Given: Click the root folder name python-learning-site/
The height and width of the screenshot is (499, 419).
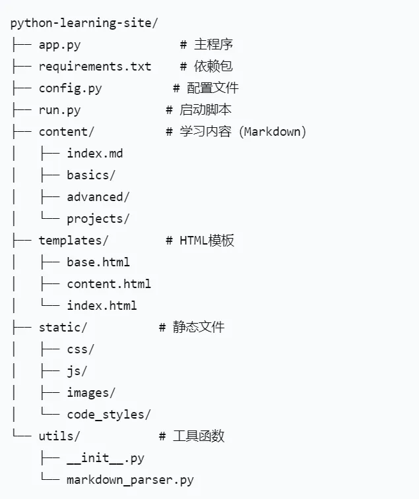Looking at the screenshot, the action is [x=84, y=23].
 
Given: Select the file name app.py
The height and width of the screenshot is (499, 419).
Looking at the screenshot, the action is [x=59, y=45].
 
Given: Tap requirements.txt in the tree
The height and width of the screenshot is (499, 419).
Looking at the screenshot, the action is [x=95, y=67].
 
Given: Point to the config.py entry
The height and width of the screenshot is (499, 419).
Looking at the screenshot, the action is [x=70, y=88].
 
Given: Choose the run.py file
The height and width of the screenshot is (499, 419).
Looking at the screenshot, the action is [x=59, y=110].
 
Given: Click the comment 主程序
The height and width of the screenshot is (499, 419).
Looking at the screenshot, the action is [x=213, y=45].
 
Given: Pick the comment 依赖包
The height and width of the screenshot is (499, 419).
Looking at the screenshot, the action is [x=213, y=67].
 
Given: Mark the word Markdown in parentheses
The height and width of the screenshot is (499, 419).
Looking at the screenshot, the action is [x=273, y=132].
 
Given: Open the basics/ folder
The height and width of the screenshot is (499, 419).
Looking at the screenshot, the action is [x=91, y=175].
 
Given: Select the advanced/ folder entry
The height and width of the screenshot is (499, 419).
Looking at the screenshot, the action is [x=98, y=197].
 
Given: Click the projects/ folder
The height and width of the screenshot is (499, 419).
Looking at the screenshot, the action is [x=98, y=219].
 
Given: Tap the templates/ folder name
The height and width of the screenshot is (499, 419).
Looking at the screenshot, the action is [x=73, y=241].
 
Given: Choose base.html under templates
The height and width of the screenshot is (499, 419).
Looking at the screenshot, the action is [x=98, y=262].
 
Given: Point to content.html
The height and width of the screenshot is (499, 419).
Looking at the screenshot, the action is [x=109, y=284].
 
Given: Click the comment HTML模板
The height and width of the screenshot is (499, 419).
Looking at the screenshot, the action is [x=207, y=241].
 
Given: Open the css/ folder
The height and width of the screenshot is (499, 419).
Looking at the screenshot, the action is [x=81, y=349].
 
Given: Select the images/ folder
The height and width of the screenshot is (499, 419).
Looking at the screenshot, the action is [x=91, y=393].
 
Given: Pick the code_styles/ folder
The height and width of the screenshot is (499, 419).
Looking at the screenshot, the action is [x=109, y=415].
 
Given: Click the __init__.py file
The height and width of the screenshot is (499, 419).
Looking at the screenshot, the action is [x=106, y=458].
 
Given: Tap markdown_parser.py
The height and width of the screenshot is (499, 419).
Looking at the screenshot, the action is [x=130, y=480].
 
